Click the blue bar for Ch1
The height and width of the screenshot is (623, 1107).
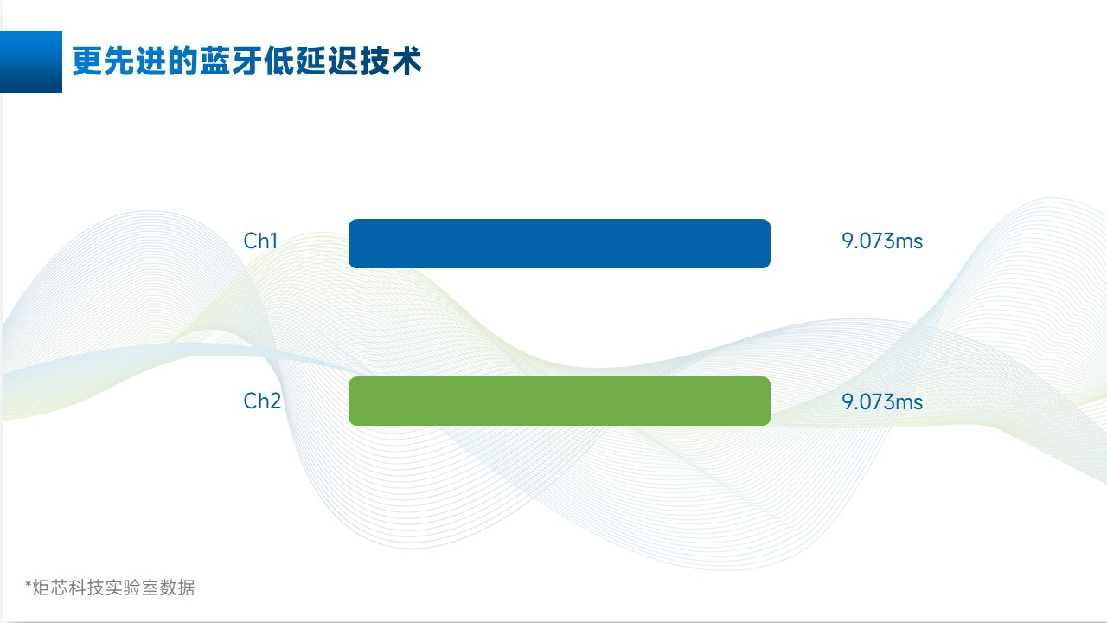click(559, 243)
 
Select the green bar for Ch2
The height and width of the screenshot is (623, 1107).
click(559, 401)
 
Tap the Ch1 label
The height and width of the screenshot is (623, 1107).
click(260, 241)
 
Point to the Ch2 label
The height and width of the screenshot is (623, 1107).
click(262, 401)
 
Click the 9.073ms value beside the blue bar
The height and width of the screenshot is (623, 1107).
click(882, 241)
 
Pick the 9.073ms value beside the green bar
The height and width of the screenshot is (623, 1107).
click(882, 402)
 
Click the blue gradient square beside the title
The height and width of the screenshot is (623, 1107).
click(31, 62)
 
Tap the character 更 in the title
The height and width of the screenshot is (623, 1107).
click(86, 62)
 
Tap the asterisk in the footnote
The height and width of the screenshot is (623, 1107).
click(28, 586)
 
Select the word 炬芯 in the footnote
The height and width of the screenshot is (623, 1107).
click(49, 588)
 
